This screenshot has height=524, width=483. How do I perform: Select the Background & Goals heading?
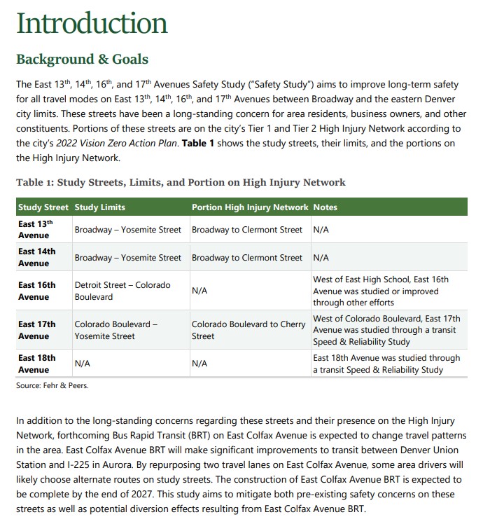point(82,58)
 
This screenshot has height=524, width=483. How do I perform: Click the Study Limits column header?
point(99,207)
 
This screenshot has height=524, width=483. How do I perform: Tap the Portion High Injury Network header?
point(250,207)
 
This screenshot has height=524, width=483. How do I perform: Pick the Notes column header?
point(325,207)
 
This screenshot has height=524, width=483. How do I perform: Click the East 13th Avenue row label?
point(36,229)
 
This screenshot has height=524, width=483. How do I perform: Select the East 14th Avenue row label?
point(36,257)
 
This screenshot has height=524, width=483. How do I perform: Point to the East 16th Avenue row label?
point(36,291)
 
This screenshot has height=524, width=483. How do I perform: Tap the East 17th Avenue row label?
point(36,330)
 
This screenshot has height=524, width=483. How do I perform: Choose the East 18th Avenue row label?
point(36,364)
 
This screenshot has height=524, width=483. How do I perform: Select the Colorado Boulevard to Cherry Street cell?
point(248,330)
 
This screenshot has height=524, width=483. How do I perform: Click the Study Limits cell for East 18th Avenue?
point(83,364)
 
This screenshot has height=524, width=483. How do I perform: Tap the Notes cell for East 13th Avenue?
point(321,230)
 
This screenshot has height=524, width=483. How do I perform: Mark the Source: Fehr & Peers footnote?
point(52,385)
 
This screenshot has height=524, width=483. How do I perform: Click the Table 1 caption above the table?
point(181,182)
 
